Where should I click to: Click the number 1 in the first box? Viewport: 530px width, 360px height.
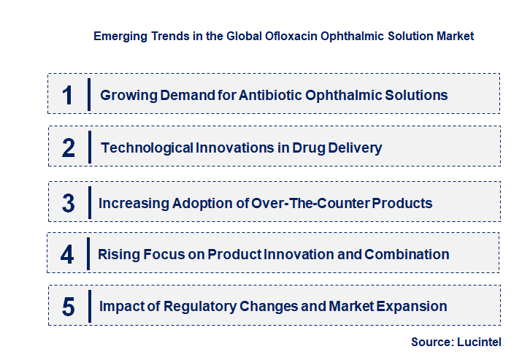68,95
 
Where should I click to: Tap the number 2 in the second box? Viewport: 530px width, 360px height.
69,148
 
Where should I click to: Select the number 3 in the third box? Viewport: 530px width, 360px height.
68,204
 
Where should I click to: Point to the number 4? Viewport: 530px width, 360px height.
68,255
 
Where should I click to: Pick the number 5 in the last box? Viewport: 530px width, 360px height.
68,307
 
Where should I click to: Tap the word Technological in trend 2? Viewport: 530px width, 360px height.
147,148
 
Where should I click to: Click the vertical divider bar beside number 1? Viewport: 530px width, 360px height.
88,94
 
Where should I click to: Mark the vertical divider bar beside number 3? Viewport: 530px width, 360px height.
88,202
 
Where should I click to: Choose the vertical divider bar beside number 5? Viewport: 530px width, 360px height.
88,306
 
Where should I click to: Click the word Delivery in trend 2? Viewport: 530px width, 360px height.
354,148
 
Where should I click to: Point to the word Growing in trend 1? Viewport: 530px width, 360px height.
125,96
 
